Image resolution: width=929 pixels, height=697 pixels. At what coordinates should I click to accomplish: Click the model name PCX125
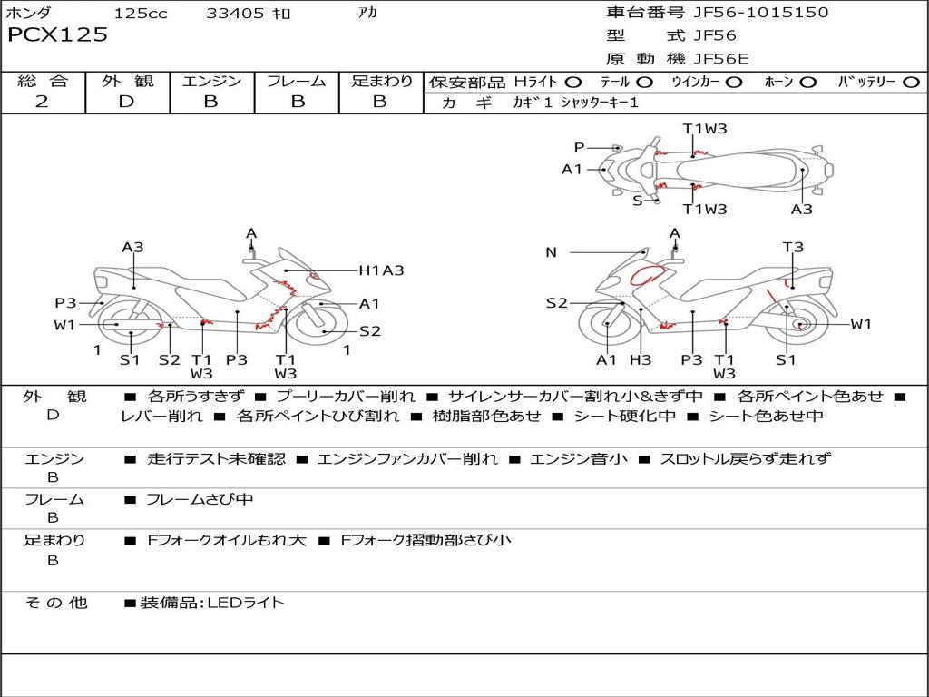(57, 35)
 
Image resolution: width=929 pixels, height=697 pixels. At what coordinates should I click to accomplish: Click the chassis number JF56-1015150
(761, 13)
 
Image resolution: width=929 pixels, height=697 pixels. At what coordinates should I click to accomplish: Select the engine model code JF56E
(721, 59)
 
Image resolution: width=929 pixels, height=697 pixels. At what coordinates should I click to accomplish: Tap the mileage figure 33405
(235, 13)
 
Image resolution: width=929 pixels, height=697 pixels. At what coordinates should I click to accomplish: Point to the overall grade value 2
(42, 102)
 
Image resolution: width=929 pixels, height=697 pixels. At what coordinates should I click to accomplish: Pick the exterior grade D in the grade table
(127, 102)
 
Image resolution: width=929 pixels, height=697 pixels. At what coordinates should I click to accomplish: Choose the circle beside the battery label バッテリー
(911, 83)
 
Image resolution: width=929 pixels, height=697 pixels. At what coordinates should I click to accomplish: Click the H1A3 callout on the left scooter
(381, 270)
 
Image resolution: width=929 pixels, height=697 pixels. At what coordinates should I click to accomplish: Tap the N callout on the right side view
(551, 252)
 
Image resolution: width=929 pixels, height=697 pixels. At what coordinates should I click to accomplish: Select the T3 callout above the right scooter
(793, 247)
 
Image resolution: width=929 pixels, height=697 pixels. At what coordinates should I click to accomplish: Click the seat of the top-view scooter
(738, 171)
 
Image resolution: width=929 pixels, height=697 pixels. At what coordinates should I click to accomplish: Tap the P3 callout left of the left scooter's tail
(65, 303)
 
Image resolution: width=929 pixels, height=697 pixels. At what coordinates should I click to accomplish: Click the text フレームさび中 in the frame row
(200, 500)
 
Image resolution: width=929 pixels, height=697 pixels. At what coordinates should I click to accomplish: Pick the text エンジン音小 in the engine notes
(578, 458)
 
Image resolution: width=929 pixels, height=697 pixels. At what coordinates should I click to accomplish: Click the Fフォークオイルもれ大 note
(227, 540)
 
